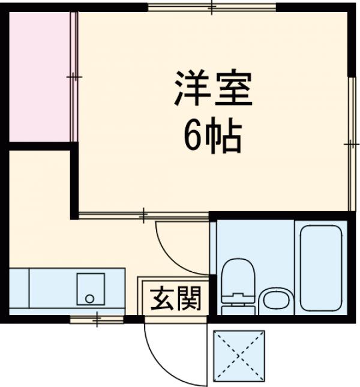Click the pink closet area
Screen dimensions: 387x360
pos(39,77)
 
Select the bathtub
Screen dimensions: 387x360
pos(320,267)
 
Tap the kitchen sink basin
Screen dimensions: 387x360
pos(90,289)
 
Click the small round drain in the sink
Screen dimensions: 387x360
pos(90,298)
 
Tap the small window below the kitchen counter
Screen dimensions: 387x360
pos(97,319)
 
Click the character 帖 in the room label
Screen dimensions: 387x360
pos(228,138)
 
